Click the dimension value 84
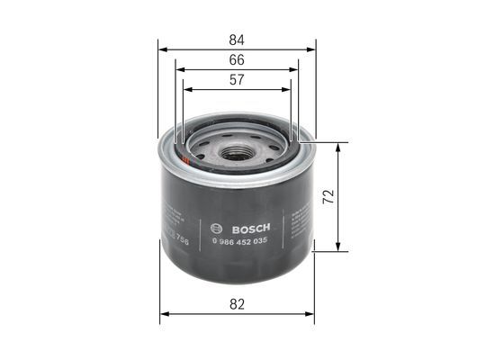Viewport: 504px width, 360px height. (x=238, y=40)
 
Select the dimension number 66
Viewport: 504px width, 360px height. (x=238, y=60)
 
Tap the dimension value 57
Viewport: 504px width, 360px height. (x=238, y=80)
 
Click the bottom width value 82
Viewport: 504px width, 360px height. (x=238, y=305)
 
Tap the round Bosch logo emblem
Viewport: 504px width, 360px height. (x=215, y=226)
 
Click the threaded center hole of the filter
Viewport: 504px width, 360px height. (x=236, y=153)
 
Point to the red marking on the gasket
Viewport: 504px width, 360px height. (x=184, y=158)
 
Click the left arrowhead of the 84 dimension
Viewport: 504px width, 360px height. (x=161, y=50)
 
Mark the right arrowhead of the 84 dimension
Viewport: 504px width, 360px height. (x=312, y=50)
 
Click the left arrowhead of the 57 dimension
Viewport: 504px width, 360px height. (x=185, y=90)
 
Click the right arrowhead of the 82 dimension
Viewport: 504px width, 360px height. (x=310, y=315)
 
